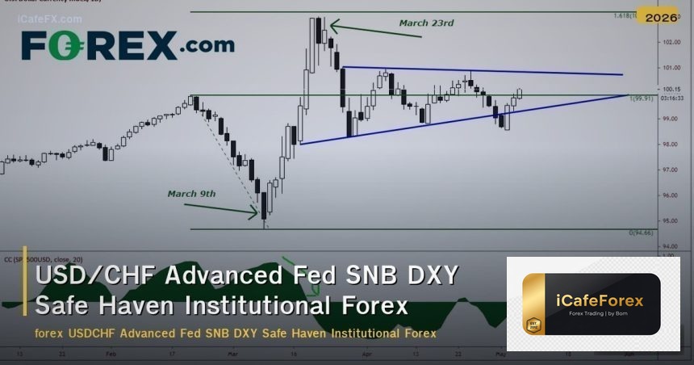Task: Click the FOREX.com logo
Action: pos(128,45)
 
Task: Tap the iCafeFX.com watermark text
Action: pos(49,19)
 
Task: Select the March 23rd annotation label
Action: pos(426,23)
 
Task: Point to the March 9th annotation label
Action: pos(192,194)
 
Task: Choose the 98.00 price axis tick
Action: pos(668,145)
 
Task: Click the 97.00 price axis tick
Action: pos(668,170)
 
